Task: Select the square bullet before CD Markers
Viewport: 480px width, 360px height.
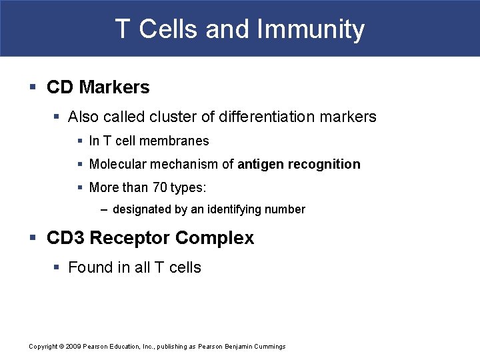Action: click(x=33, y=87)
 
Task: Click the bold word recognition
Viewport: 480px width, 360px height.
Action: click(x=324, y=164)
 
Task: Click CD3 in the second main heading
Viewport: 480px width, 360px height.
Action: click(x=65, y=238)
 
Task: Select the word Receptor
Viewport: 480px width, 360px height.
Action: click(x=123, y=238)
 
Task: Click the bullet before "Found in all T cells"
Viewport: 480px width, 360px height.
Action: click(x=57, y=267)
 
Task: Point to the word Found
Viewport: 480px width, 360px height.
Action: click(x=89, y=267)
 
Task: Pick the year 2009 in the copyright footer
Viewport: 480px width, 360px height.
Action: click(x=74, y=347)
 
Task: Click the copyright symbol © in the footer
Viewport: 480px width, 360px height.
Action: click(x=61, y=347)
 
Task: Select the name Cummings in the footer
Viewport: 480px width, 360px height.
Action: click(x=270, y=347)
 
